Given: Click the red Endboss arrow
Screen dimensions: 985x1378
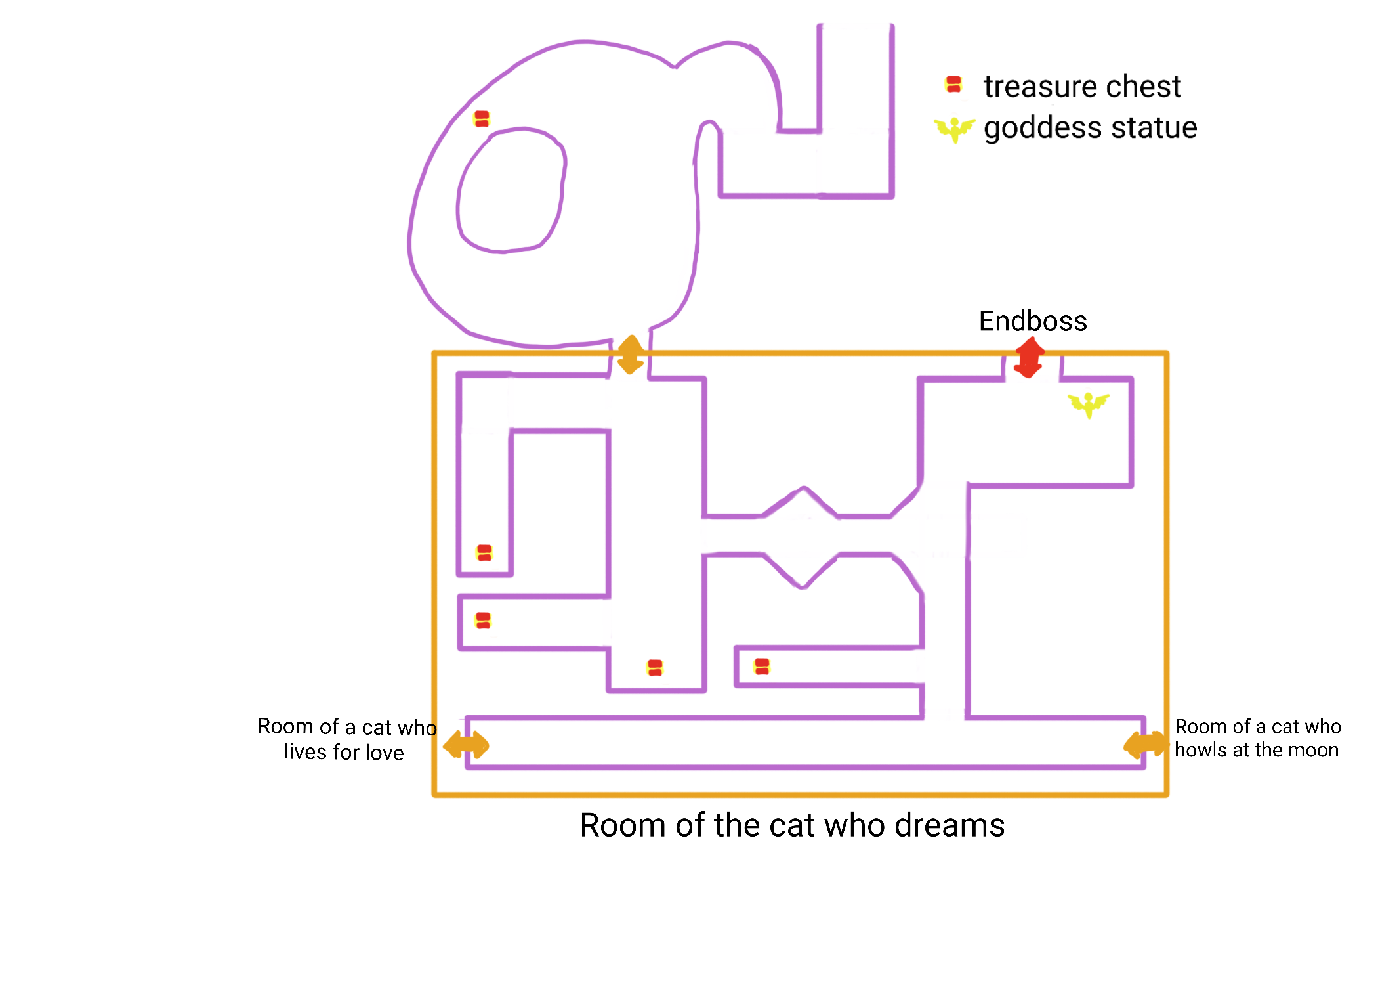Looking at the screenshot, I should (1028, 357).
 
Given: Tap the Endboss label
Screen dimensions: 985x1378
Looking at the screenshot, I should (1033, 321).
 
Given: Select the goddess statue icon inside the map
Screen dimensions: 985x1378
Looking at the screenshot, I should (1089, 404).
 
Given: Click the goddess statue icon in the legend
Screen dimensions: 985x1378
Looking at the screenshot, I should (955, 129).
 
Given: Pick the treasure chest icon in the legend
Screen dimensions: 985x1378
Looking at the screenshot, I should (953, 85).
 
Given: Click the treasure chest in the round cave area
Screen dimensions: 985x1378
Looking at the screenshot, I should (482, 119).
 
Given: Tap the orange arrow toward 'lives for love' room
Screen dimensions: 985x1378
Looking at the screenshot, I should (466, 745).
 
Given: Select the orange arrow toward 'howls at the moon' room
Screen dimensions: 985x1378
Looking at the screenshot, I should (1146, 745).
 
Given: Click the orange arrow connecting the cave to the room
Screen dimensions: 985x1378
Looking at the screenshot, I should (631, 355).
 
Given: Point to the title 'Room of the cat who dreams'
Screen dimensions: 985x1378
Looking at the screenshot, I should (792, 825).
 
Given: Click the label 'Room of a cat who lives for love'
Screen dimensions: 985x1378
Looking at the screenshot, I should (346, 739).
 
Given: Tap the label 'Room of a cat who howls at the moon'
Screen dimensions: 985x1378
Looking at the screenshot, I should (1257, 738).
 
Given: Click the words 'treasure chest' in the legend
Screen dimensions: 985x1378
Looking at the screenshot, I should (1082, 87).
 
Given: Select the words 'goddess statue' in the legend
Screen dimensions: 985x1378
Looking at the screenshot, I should (1090, 127).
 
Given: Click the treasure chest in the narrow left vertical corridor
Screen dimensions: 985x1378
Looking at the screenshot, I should (484, 553).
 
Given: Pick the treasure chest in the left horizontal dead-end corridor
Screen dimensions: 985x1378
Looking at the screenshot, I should (483, 621).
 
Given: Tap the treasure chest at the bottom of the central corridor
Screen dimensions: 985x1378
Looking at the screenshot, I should (655, 668).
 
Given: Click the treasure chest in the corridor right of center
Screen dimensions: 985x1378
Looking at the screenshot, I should (762, 667).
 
